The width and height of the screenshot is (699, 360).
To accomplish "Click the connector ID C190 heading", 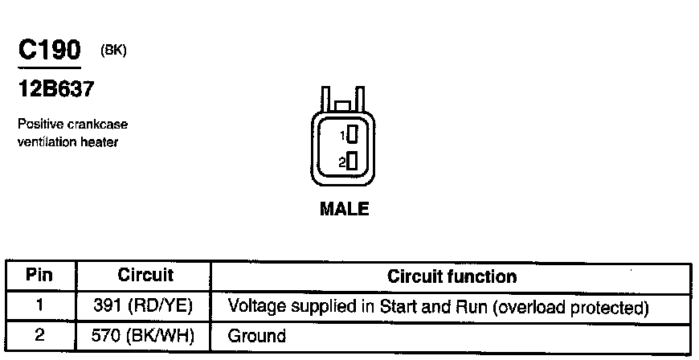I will click(49, 51).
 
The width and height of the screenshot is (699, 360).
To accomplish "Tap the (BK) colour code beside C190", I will click(114, 51).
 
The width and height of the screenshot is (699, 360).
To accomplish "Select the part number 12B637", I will click(56, 90).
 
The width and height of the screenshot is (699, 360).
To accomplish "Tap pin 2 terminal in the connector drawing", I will click(351, 162).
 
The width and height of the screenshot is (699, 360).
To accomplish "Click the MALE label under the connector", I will click(344, 209).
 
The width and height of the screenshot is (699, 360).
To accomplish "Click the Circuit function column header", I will click(452, 277).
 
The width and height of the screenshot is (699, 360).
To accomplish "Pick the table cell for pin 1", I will click(39, 306).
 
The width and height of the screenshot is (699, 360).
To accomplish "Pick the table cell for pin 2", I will click(39, 335).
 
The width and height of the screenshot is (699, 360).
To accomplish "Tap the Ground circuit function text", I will click(257, 336).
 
